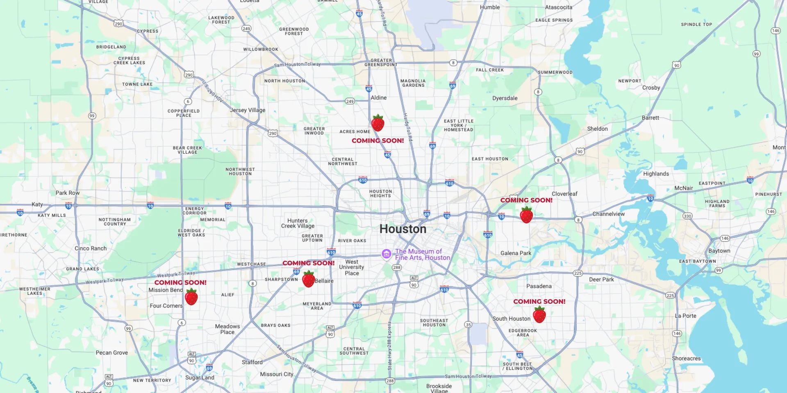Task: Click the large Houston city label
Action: [x=403, y=229]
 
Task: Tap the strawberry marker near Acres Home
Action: [x=378, y=123]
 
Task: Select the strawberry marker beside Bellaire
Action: [x=308, y=279]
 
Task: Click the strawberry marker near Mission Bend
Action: [x=191, y=297]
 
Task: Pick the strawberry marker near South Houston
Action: [x=539, y=315]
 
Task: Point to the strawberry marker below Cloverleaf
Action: [x=526, y=215]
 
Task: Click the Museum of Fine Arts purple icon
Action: [x=386, y=254]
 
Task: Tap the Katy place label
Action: [x=37, y=204]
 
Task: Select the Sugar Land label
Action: [x=200, y=377]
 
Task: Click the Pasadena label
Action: [x=539, y=286]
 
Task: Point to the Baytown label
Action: [x=719, y=251]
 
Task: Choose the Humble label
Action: [x=490, y=7]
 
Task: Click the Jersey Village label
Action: [x=248, y=110]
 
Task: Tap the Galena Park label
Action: [x=516, y=253]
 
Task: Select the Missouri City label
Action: [x=277, y=374]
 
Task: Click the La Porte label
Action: [x=685, y=316]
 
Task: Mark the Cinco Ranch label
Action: [x=91, y=248]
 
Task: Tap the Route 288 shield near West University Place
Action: [x=397, y=267]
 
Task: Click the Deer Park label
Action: [x=601, y=280]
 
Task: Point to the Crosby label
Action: [x=651, y=88]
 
